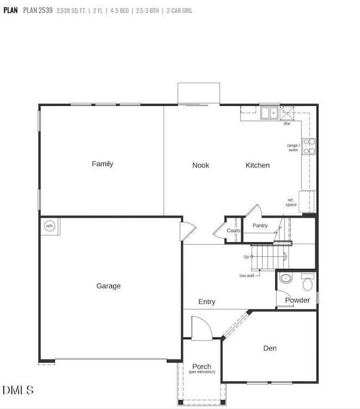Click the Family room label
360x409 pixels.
[x=102, y=164]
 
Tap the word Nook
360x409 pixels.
[x=200, y=165]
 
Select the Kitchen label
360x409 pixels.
[x=258, y=165]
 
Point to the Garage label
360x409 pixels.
[x=109, y=286]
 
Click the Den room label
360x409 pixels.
[x=270, y=348]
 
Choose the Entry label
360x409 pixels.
[x=207, y=302]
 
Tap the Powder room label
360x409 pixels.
[x=297, y=301]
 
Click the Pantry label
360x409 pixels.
[x=260, y=226]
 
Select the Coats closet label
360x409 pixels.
[x=234, y=231]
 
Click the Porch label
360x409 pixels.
[x=202, y=366]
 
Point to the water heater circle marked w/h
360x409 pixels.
[x=49, y=226]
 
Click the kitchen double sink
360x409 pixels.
[x=269, y=113]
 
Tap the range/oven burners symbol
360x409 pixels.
[x=309, y=146]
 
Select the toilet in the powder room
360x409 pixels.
[x=308, y=283]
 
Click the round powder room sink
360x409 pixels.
[x=286, y=278]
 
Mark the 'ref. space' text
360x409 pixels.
[x=291, y=202]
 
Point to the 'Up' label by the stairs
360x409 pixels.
[x=246, y=257]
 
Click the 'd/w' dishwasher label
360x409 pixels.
[x=287, y=123]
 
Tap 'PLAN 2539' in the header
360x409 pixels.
[x=38, y=10]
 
